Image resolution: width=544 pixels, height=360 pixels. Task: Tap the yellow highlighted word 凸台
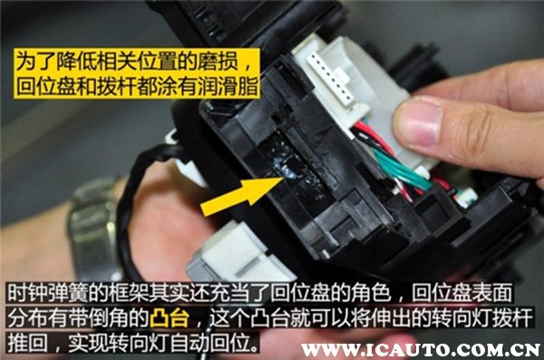[170, 318]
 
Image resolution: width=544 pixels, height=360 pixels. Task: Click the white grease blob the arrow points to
[287, 168]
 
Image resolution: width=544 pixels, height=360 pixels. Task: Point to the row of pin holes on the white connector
[332, 79]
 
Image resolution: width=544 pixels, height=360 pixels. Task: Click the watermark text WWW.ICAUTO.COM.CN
[421, 349]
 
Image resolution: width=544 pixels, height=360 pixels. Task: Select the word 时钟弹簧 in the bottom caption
[47, 293]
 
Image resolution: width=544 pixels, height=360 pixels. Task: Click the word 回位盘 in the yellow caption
[46, 86]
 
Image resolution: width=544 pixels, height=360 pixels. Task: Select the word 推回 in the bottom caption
[27, 343]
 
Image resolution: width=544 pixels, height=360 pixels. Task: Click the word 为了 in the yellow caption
[35, 61]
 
